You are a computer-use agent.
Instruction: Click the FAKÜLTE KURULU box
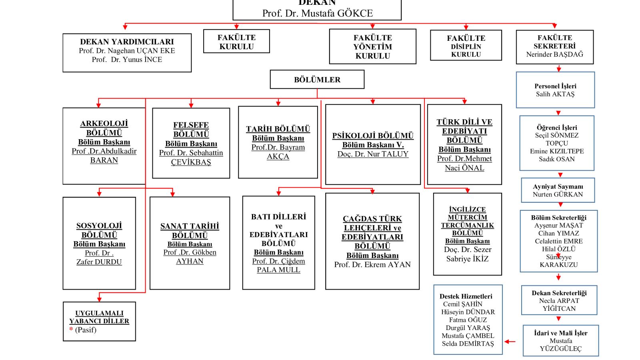pos(236,42)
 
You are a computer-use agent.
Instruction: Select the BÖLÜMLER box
pos(317,80)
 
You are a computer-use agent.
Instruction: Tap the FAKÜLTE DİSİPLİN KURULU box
pos(466,46)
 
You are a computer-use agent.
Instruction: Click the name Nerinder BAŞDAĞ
pos(554,54)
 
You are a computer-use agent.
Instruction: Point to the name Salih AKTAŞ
pos(555,94)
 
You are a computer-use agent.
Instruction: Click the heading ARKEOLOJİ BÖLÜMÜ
pos(104,128)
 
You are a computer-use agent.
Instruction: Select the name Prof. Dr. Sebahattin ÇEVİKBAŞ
pos(191,158)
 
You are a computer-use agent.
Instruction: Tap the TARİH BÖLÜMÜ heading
pos(278,129)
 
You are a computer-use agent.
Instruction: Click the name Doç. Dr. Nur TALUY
pos(373,154)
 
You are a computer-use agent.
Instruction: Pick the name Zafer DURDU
pos(99,262)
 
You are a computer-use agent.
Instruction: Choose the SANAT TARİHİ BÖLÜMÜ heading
pos(190,231)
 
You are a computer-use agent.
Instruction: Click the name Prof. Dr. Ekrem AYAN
pos(372,264)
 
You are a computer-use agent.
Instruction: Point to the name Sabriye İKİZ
pos(467,259)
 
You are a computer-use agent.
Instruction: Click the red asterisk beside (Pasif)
pos(71,330)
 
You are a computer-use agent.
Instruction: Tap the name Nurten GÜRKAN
pos(558,194)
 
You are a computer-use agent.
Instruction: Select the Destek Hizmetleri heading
pos(466,296)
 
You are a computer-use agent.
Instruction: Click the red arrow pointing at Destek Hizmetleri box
pos(510,342)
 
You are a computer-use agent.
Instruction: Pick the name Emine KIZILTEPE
pos(557,151)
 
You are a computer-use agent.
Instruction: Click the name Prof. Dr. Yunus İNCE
pos(127,60)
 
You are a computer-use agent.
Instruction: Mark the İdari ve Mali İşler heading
pos(561,333)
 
